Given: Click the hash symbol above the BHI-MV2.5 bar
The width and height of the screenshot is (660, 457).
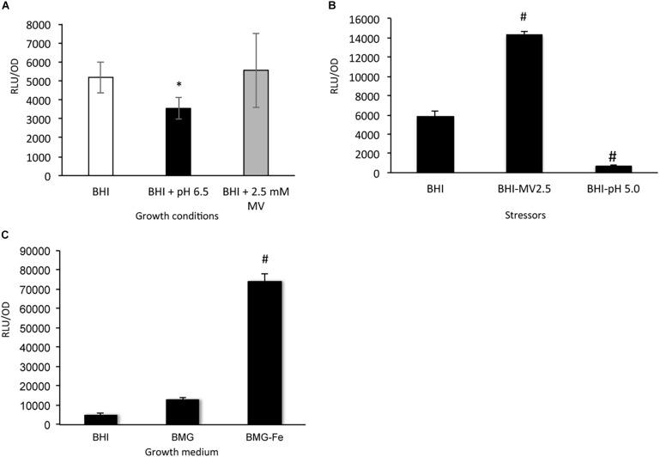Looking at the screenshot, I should click(x=524, y=20).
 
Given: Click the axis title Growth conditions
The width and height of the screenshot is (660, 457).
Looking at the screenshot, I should click(x=183, y=216).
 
